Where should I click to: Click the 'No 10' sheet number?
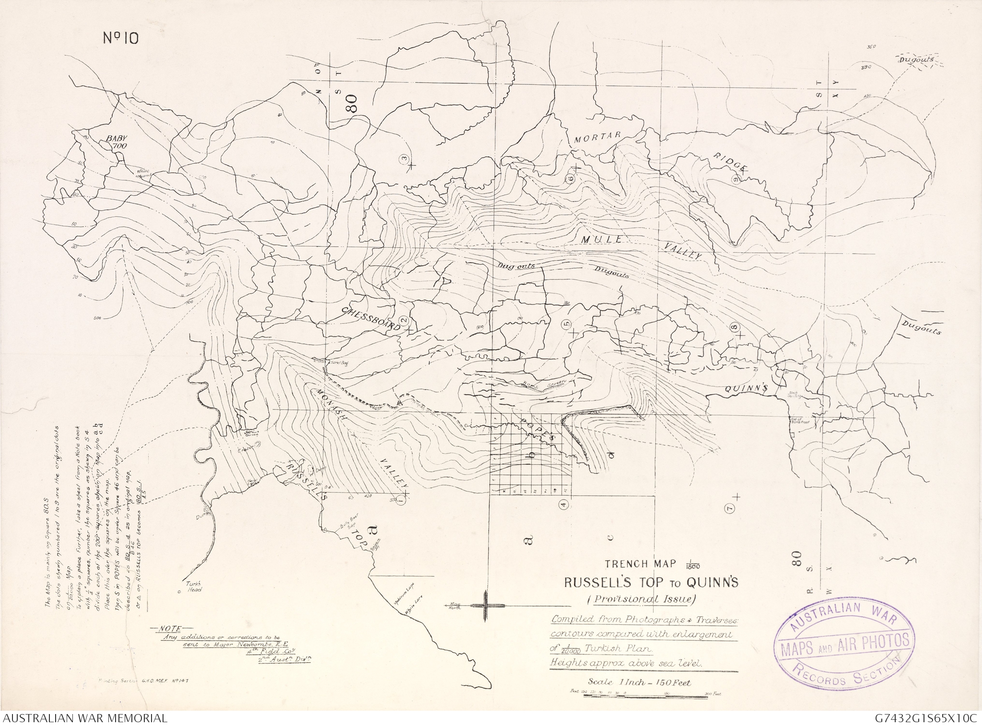[121, 38]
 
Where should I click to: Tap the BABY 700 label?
[114, 141]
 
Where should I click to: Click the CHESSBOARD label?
[371, 318]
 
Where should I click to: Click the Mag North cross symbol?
[485, 606]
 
